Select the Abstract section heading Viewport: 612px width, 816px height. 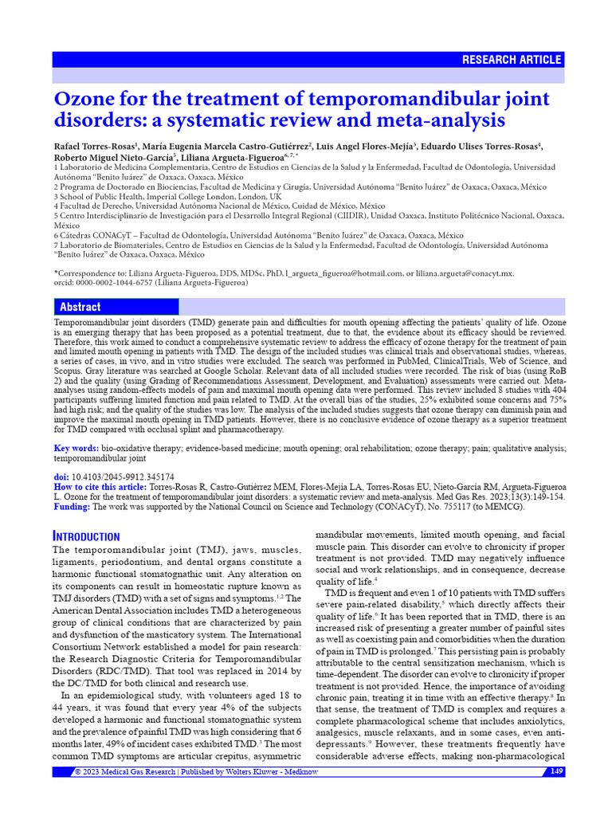click(80, 307)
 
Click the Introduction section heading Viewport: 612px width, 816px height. click(86, 536)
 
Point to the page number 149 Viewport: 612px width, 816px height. click(556, 771)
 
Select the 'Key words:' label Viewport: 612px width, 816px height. click(76, 449)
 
